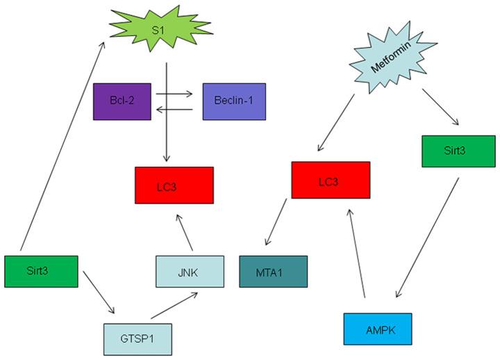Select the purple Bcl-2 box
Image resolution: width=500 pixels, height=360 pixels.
122,101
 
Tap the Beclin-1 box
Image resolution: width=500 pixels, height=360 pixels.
233,101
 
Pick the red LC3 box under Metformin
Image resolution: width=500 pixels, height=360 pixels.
331,179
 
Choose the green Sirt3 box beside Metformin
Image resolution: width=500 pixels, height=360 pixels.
452,151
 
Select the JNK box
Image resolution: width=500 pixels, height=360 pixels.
190,271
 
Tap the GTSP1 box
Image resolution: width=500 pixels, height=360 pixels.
136,339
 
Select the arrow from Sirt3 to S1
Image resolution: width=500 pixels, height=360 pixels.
62,146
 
